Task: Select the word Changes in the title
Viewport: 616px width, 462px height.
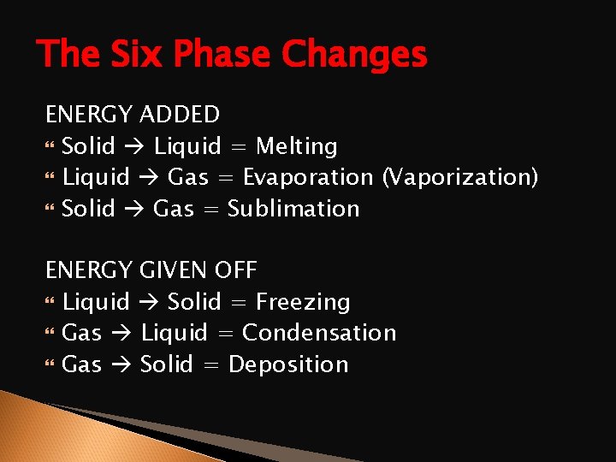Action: pyautogui.click(x=354, y=55)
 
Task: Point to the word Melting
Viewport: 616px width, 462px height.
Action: pyautogui.click(x=297, y=147)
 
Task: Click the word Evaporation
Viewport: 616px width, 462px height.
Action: pyautogui.click(x=308, y=178)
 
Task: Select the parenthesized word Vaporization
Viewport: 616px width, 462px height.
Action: pyautogui.click(x=460, y=178)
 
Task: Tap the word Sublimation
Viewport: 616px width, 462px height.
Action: pyautogui.click(x=293, y=209)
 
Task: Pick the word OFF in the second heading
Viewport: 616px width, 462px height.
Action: pyautogui.click(x=235, y=271)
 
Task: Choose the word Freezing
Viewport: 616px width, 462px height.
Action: pyautogui.click(x=303, y=302)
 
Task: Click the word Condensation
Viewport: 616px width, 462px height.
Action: pyautogui.click(x=319, y=333)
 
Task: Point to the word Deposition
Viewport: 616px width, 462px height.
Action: pyautogui.click(x=288, y=364)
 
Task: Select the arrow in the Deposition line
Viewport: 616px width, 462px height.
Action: pyautogui.click(x=121, y=365)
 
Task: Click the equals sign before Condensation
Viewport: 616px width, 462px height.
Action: pyautogui.click(x=225, y=334)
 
